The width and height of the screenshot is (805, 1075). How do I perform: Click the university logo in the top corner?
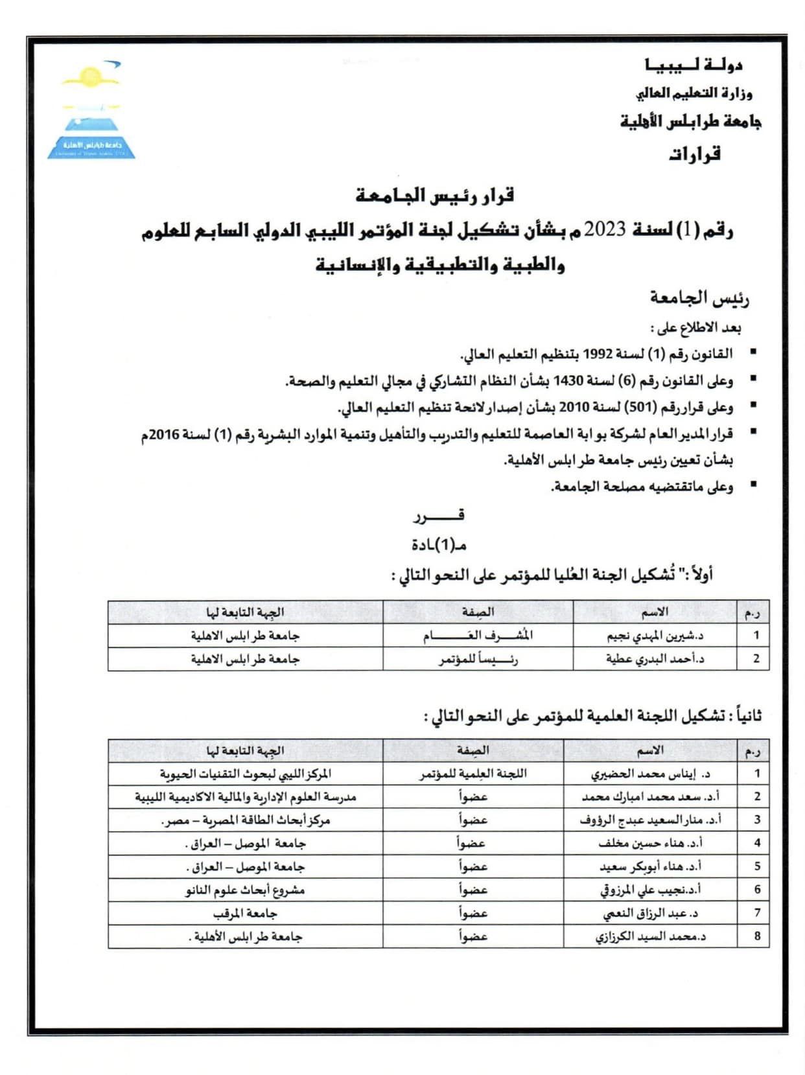click(x=91, y=110)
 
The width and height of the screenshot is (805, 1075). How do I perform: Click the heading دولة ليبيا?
click(x=694, y=65)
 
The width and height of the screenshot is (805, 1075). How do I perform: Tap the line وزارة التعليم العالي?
click(x=694, y=93)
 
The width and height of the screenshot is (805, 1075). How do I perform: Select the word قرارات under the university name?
click(x=695, y=154)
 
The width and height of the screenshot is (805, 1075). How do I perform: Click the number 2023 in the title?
click(x=605, y=230)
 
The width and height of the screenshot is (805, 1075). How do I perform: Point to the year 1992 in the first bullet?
click(x=598, y=354)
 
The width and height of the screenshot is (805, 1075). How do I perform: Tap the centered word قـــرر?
click(x=439, y=516)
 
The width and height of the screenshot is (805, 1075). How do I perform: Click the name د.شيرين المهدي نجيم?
click(x=655, y=636)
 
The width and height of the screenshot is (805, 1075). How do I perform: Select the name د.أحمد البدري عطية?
click(x=655, y=659)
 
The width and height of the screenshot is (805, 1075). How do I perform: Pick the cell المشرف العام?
click(x=478, y=636)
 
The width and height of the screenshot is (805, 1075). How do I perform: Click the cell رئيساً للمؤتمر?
click(x=478, y=660)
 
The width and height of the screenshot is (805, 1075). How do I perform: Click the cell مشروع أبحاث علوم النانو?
click(x=245, y=890)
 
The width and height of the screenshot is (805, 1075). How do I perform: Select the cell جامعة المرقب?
click(x=245, y=914)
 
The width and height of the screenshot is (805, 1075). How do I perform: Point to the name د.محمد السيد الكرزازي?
click(x=650, y=937)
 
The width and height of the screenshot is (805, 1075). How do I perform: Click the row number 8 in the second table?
click(x=756, y=936)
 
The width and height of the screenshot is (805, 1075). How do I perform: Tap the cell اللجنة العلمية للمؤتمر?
click(x=472, y=774)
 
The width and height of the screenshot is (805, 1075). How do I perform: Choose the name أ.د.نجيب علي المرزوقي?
click(x=650, y=890)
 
